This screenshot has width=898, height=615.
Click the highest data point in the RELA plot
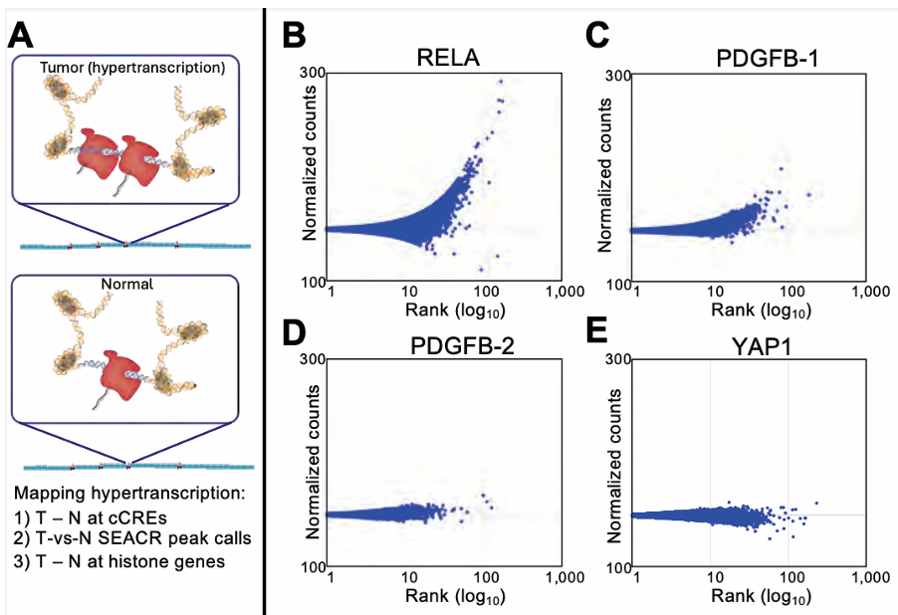click(x=501, y=82)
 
